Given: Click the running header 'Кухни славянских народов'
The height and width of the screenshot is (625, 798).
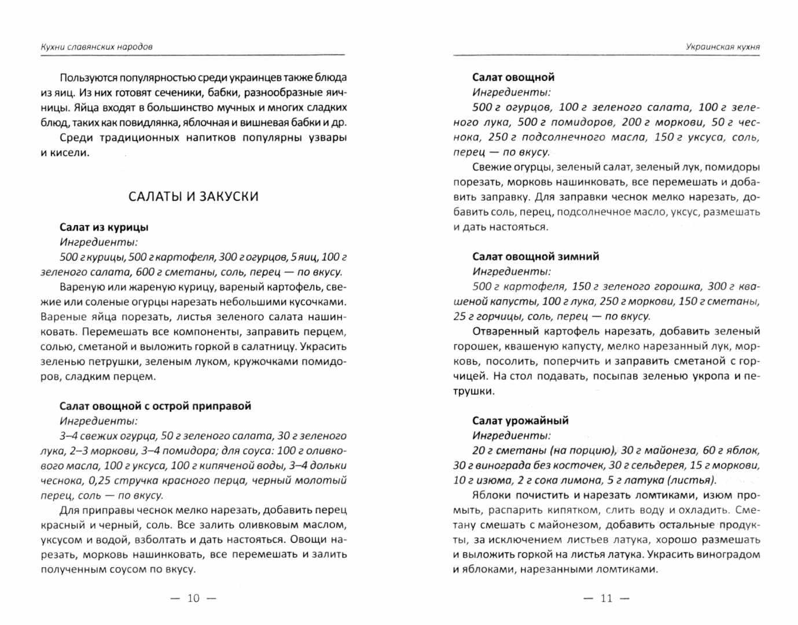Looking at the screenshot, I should click(x=97, y=47).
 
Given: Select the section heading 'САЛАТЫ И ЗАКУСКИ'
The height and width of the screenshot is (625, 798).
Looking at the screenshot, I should click(x=193, y=196).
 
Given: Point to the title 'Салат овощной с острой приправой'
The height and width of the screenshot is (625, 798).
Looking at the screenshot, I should click(x=155, y=406).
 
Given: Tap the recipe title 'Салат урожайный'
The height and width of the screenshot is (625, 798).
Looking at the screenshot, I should click(x=520, y=421).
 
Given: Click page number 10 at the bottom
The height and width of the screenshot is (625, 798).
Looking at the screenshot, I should click(x=193, y=598).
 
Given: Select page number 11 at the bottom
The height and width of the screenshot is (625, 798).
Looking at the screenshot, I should click(x=606, y=598).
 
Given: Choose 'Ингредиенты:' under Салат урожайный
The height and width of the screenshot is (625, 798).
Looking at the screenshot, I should click(x=512, y=436).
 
